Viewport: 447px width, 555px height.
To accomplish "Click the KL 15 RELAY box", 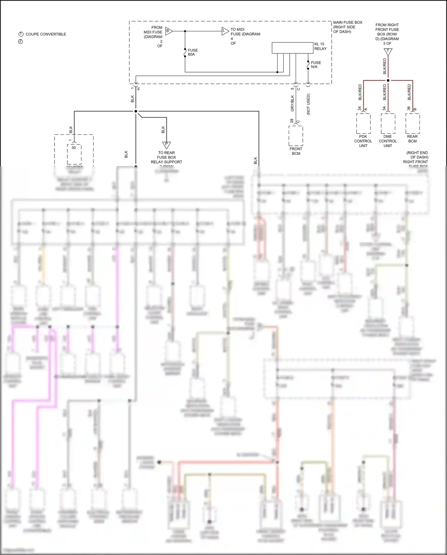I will click(292, 48).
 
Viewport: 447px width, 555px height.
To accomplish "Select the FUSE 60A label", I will click(193, 52).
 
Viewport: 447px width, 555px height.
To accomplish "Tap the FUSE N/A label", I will click(316, 65).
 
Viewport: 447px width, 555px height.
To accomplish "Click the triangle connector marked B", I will click(169, 31).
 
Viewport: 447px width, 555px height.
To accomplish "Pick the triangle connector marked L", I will click(225, 31).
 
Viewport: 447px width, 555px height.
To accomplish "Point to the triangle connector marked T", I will click(388, 52).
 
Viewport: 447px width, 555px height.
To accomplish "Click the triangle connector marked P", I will click(166, 145).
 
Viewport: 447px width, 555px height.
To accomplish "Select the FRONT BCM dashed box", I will click(296, 136).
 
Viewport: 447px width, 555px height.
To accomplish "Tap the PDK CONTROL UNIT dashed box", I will click(363, 123).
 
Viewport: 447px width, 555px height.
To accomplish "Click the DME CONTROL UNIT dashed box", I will click(388, 123).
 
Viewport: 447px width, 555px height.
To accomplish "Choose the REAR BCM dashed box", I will click(413, 123).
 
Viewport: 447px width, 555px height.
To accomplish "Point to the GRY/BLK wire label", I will click(292, 103).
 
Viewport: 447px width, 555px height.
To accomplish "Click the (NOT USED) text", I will click(308, 104).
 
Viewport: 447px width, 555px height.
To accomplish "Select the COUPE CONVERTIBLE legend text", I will click(46, 34).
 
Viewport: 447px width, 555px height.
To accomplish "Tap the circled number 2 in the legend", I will click(21, 41).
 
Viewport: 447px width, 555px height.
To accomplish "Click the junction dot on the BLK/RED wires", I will click(388, 81).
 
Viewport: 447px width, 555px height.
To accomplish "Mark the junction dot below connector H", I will click(136, 111).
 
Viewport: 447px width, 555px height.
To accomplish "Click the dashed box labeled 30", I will click(74, 154).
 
